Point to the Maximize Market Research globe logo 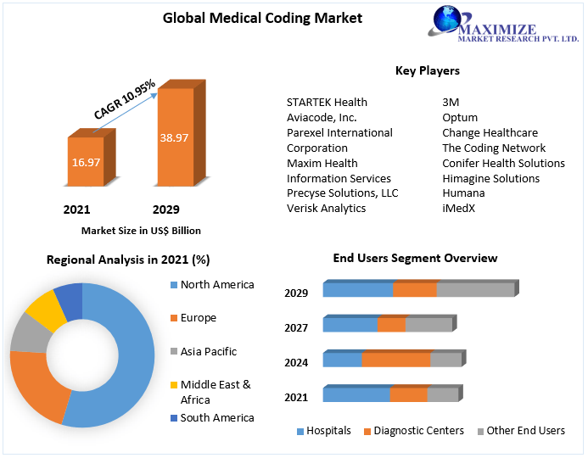447,20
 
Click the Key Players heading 427,70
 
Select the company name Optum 460,117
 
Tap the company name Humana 463,193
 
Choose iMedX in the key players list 459,209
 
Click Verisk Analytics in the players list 326,209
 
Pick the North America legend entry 217,285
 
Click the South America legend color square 174,418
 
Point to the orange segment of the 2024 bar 396,360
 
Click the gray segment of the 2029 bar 475,290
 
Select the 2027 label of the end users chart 296,328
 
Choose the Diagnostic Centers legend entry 413,431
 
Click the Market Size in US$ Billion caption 141,231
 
